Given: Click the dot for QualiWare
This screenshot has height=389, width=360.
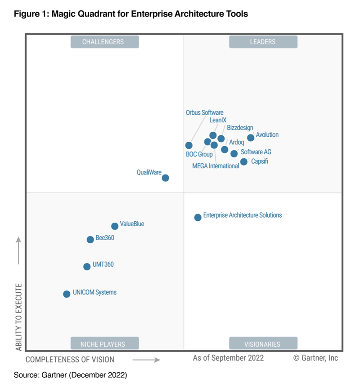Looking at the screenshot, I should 165,178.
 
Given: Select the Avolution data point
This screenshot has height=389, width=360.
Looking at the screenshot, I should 251,138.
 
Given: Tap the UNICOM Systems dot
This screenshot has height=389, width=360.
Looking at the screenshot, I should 67,294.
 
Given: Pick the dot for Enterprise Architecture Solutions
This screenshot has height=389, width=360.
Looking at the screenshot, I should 198,217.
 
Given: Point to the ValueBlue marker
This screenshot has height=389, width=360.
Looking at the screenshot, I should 115,226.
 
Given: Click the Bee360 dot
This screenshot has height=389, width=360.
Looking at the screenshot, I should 90,239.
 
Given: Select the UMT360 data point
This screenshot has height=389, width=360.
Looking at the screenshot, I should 87,266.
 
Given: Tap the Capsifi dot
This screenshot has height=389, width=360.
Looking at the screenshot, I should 243,161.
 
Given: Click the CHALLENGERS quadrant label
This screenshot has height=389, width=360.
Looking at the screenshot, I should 104,42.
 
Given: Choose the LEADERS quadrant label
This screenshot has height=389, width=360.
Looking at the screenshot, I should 263,42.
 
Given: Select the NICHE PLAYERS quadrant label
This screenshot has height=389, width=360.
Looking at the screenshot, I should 104,344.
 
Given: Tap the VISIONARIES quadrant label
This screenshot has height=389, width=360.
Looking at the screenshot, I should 263,344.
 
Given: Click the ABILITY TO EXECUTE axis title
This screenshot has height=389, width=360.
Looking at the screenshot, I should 18,317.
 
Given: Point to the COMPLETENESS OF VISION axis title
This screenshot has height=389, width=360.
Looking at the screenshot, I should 70,359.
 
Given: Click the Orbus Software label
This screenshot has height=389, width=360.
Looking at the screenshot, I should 204,113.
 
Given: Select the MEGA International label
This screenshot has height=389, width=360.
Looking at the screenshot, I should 216,166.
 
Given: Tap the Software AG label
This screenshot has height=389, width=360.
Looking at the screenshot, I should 256,152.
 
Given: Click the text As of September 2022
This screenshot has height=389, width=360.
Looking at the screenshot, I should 228,358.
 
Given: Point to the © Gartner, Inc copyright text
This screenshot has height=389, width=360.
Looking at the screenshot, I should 315,358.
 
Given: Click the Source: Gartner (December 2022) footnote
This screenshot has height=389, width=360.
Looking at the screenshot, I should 70,374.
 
